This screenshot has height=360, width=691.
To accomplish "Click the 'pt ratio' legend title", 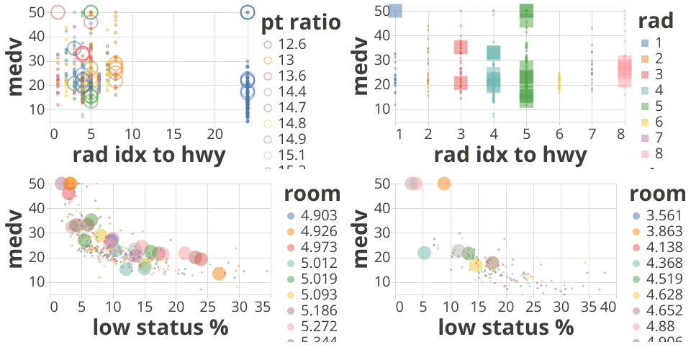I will (301, 22).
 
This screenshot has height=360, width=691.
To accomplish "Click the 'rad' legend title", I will (656, 21).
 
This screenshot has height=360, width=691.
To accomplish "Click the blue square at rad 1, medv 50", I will (394, 11).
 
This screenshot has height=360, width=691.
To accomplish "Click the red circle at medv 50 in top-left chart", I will (58, 12).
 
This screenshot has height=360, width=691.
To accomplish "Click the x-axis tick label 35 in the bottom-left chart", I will (261, 307).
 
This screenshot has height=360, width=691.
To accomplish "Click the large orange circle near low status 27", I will (219, 273).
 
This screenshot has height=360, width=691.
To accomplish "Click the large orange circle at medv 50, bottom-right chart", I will (444, 184).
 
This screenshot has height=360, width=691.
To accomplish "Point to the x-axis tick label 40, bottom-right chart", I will (608, 307).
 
